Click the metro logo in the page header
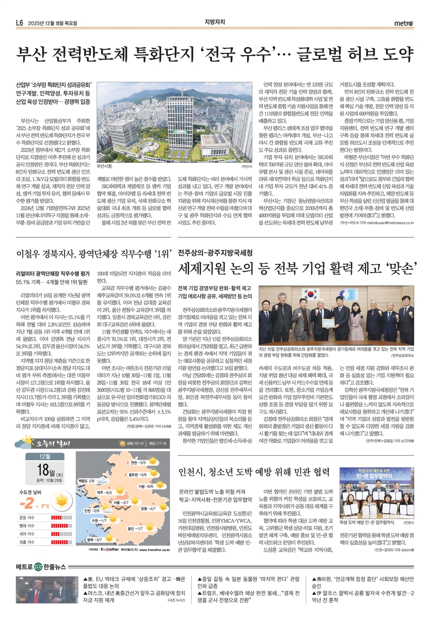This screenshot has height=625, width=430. click(404, 23)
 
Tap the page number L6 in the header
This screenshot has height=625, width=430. click(19, 23)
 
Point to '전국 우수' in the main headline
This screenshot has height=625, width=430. click(237, 54)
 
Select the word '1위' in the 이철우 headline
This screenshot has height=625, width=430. click(161, 254)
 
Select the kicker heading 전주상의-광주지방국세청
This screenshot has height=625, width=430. click(215, 253)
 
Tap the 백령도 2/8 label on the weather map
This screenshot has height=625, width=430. click(86, 481)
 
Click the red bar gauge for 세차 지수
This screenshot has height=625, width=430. click(61, 534)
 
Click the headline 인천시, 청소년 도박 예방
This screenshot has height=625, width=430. click(254, 472)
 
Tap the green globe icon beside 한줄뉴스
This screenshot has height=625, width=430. click(39, 567)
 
